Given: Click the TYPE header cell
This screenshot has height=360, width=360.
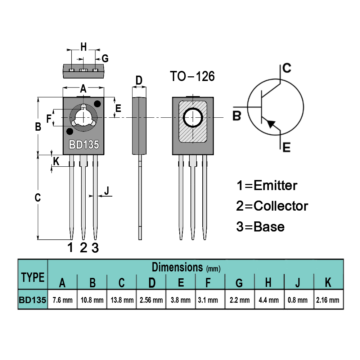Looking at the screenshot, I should (33, 278).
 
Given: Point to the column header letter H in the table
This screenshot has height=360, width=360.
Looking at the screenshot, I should (268, 283).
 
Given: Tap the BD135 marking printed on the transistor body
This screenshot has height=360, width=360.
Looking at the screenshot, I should (84, 145).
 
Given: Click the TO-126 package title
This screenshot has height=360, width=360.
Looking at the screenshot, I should (192, 76).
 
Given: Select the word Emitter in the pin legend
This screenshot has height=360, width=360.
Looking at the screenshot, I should (275, 185).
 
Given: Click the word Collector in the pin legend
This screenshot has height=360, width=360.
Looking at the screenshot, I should (281, 206).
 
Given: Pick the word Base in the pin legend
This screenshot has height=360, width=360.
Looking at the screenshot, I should (269, 227).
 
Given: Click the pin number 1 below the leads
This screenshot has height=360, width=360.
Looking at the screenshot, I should (71, 248).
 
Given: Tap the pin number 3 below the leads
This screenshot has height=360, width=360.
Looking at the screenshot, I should (95, 248).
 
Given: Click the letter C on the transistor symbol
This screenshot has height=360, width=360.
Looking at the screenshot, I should (287, 68).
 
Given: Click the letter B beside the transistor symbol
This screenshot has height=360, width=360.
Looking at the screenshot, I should (237, 116).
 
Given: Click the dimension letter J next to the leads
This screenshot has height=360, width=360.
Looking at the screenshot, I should (107, 191).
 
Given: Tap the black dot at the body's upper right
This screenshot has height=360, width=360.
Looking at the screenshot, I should (97, 104).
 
